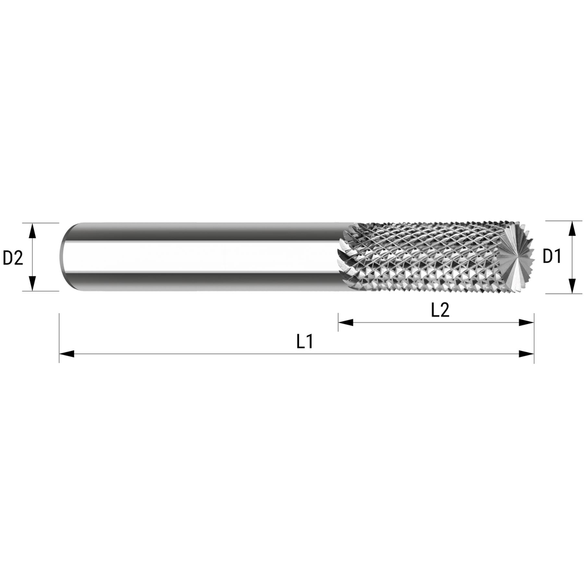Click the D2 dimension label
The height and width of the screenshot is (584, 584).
tap(13, 257)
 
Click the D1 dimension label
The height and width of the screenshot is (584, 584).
tap(552, 256)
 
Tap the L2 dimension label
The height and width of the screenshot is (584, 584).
tap(440, 310)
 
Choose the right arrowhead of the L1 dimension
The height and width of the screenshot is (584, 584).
tap(527, 353)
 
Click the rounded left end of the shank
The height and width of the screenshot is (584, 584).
tap(64, 257)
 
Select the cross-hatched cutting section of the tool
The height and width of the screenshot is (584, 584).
tap(426, 257)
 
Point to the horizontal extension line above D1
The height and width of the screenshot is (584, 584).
tap(564, 221)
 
